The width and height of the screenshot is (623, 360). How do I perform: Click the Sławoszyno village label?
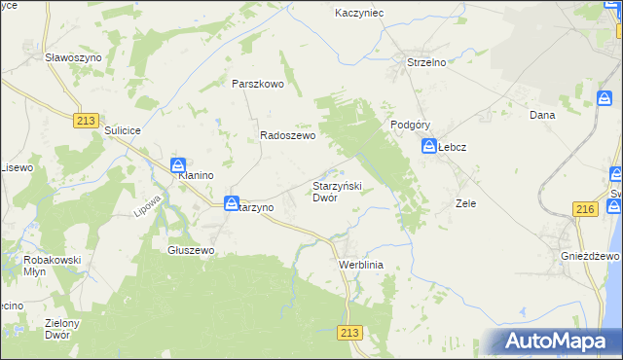point(74,58)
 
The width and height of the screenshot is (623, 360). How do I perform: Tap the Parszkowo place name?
point(257,84)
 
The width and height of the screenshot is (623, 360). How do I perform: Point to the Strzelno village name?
point(425,63)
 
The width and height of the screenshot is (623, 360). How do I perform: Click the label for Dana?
point(541,115)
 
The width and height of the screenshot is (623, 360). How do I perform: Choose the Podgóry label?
point(410,125)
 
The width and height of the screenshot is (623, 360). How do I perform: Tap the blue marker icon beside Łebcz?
point(428,147)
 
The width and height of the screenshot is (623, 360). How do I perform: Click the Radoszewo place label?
point(287,137)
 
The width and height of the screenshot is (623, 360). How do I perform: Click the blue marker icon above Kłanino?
point(179,165)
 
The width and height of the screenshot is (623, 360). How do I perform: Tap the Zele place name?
point(465,204)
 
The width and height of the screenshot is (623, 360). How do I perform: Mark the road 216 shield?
point(584,210)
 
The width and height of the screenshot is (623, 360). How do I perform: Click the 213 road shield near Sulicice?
point(85,119)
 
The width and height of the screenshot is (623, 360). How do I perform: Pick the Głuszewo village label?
point(191,250)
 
